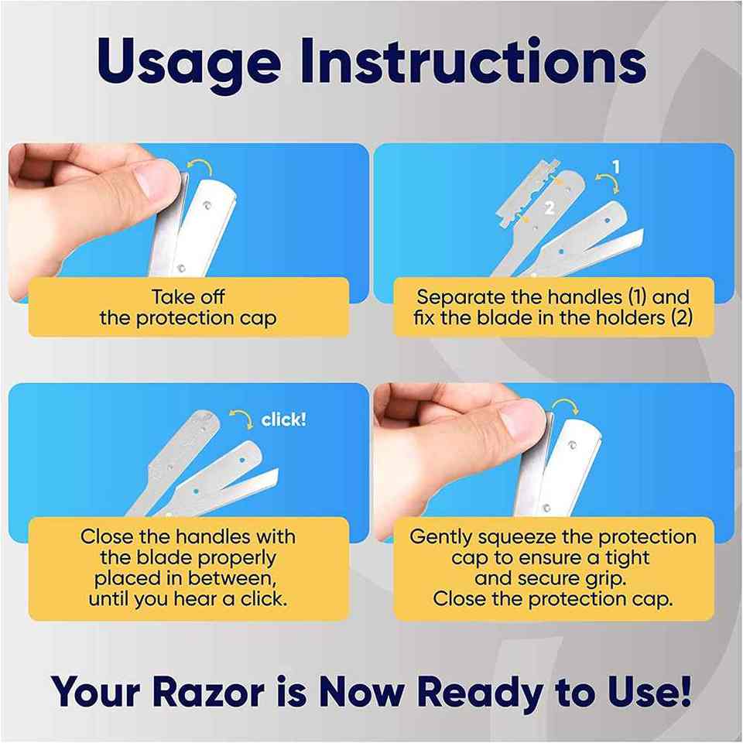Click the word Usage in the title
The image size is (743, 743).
click(x=189, y=64)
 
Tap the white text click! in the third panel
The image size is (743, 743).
click(x=283, y=419)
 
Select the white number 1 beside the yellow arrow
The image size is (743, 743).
click(x=615, y=167)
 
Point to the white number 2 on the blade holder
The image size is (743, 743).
click(x=550, y=207)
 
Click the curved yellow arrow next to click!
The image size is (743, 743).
click(x=242, y=419)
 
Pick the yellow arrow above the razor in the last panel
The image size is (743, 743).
click(x=565, y=406)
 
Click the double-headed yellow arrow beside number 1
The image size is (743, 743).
click(x=608, y=183)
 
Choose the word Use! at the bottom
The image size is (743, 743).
click(x=649, y=692)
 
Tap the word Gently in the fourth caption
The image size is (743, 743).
click(x=440, y=538)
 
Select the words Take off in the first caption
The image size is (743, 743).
click(x=188, y=297)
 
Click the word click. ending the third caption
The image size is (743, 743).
click(x=264, y=599)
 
